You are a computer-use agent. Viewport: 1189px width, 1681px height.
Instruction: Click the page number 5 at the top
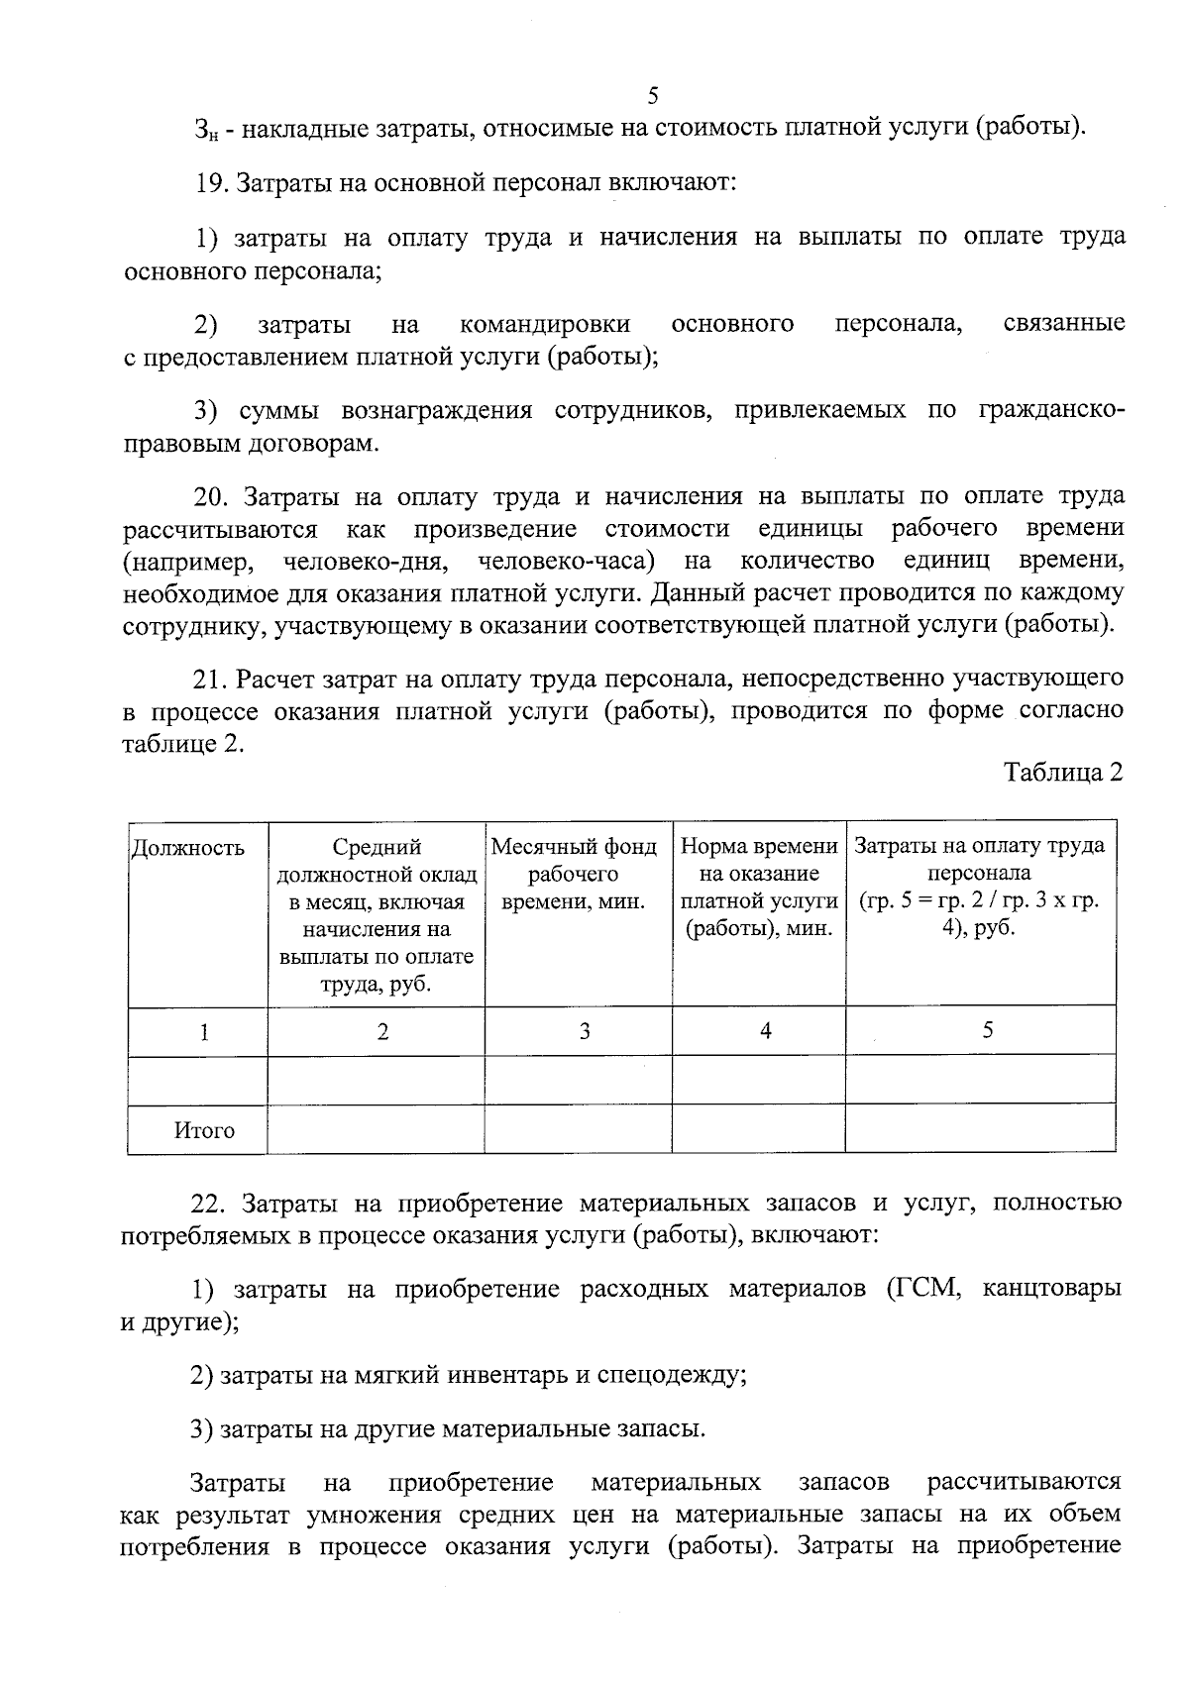pos(652,96)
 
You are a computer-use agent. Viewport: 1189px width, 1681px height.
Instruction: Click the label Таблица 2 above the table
pos(1063,772)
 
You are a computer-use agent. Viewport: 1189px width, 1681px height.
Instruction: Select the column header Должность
pos(188,848)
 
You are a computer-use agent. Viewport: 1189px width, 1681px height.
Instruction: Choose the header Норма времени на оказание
pos(759,888)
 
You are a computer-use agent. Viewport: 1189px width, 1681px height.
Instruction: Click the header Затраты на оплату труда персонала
pos(979,888)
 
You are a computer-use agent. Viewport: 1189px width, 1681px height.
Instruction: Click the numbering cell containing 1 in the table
pos(203,1032)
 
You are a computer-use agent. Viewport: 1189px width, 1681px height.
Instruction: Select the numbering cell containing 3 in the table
pos(585,1032)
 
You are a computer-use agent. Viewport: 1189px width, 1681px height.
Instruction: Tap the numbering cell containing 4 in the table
pos(765,1031)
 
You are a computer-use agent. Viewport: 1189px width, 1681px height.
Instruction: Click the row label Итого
pos(204,1131)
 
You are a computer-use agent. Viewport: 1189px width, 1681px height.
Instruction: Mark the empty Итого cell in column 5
pos(979,1130)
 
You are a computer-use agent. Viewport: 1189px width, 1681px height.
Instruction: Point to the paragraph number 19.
pos(209,183)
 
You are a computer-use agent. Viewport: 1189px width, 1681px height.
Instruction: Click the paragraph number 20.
pos(209,496)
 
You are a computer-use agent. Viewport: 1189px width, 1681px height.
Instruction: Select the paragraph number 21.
pos(209,679)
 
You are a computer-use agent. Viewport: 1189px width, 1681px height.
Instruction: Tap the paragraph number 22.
pos(209,1204)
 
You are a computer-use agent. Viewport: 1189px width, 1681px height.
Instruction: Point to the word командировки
pos(545,324)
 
